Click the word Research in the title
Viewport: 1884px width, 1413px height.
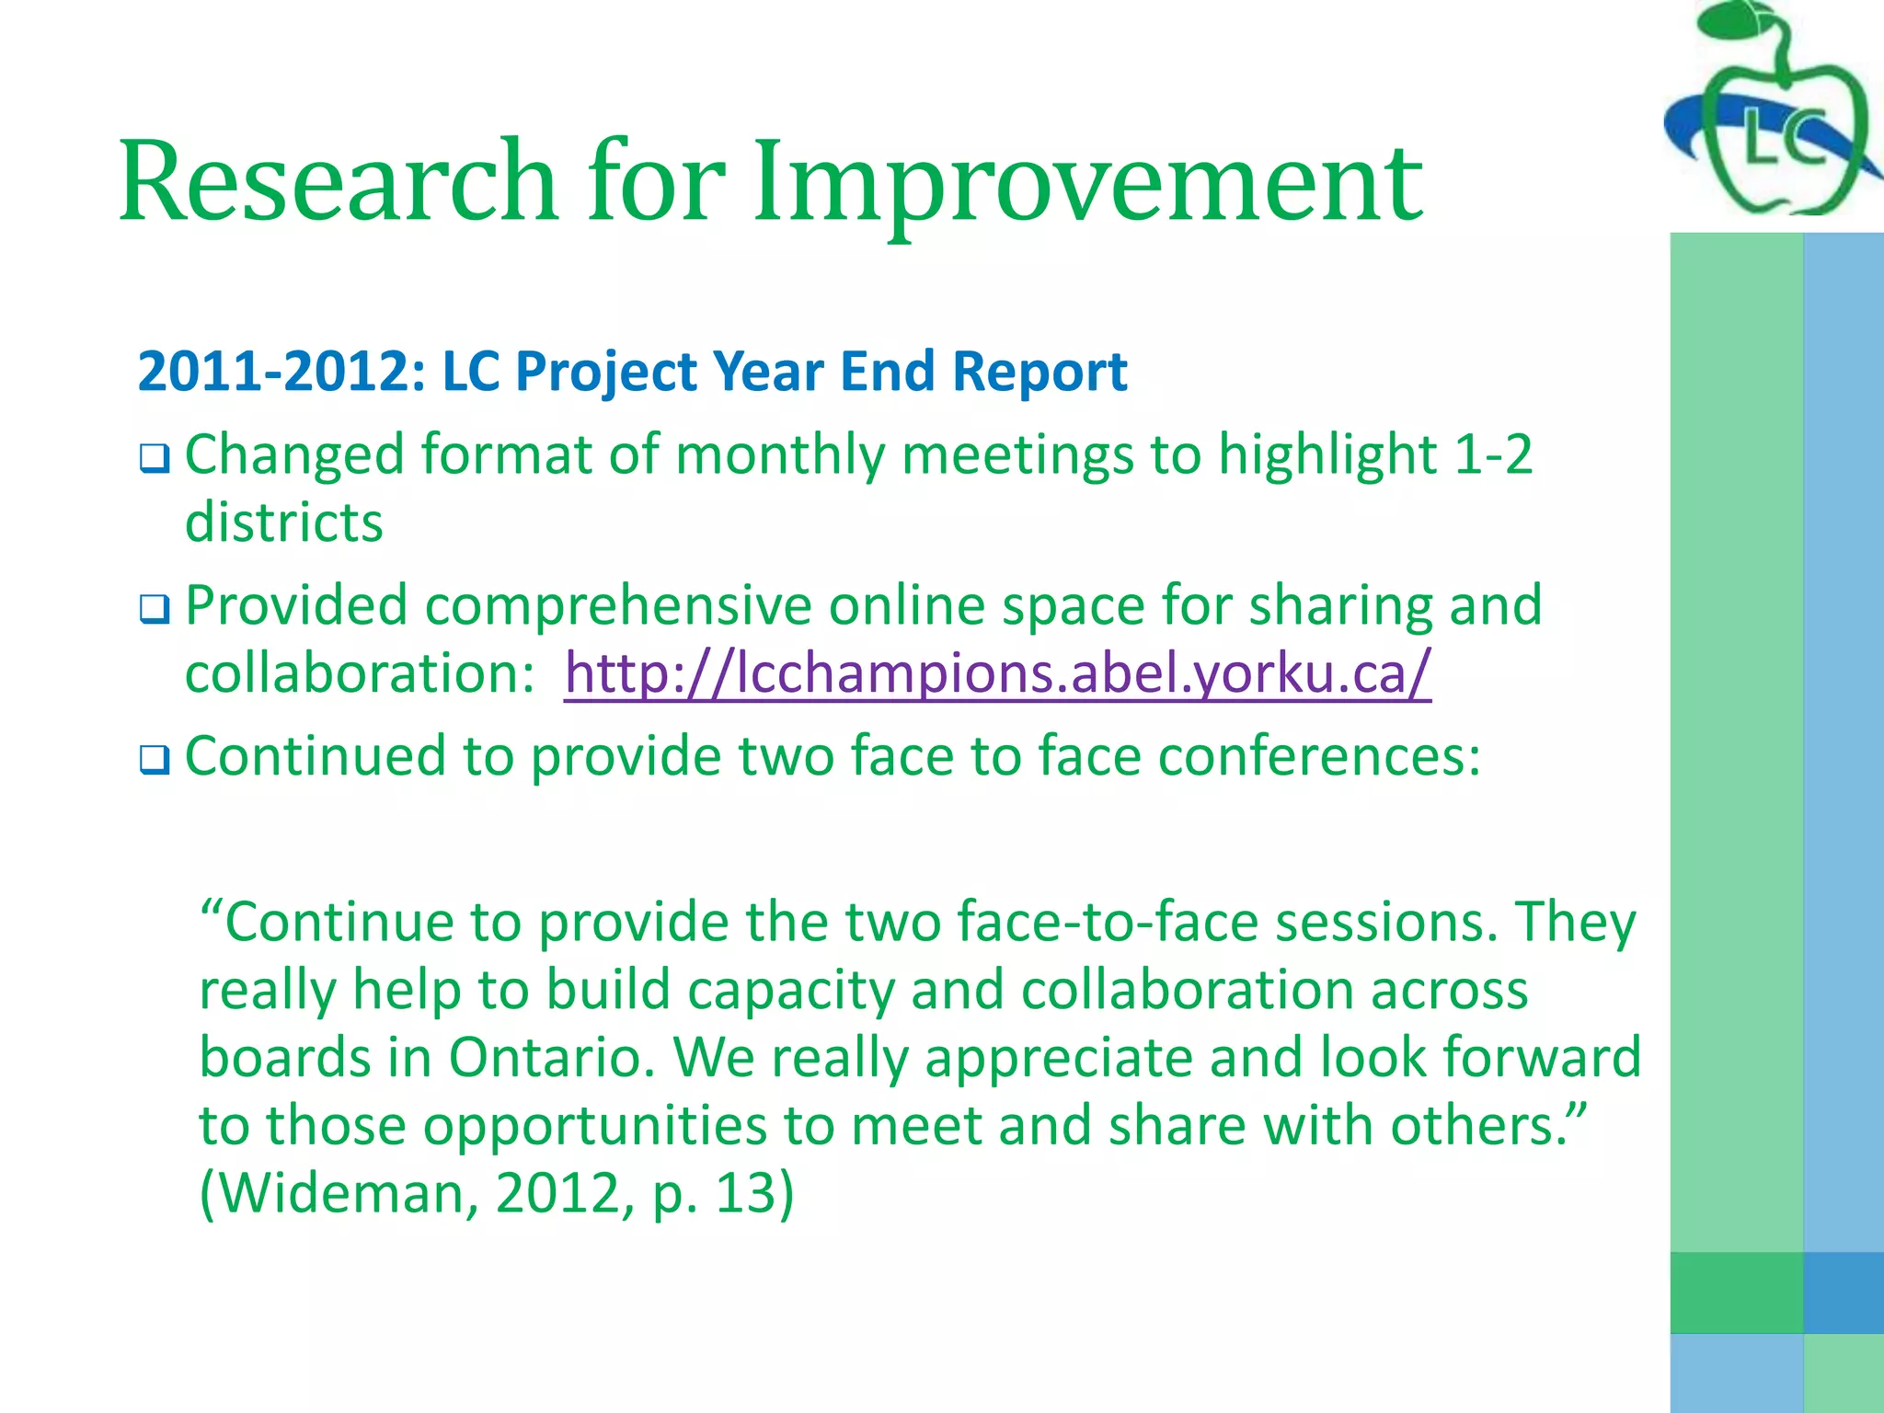click(x=337, y=181)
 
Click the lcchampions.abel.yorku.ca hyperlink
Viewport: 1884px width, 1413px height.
click(x=997, y=672)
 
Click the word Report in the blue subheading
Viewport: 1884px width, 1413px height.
click(x=1040, y=372)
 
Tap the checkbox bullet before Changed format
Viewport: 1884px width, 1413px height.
click(x=155, y=458)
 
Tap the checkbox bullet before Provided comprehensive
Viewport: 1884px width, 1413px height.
click(x=155, y=609)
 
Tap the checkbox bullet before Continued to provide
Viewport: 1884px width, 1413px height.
click(x=155, y=760)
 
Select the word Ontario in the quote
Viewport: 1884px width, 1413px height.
click(x=552, y=1057)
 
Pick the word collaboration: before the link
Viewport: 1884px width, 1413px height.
click(x=360, y=672)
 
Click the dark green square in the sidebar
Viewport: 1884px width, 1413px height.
click(x=1736, y=1292)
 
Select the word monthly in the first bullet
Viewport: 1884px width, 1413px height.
click(x=778, y=456)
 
